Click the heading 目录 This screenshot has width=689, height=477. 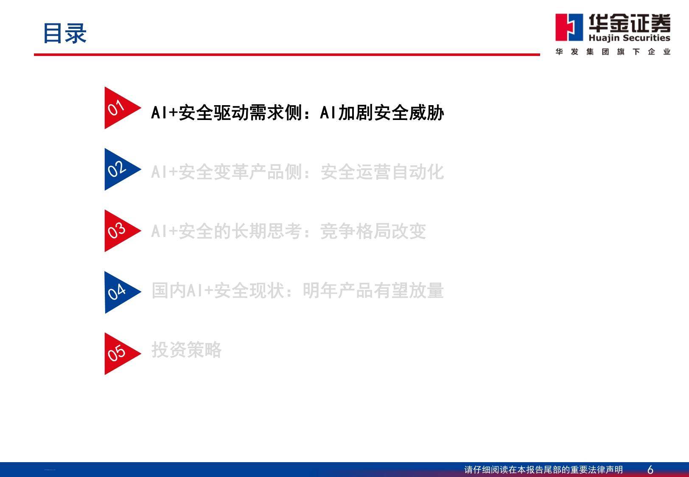click(x=65, y=33)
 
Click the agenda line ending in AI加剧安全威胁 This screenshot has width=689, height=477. click(x=297, y=112)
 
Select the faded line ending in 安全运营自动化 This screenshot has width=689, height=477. click(x=297, y=171)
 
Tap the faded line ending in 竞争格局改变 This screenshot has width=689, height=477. click(x=288, y=231)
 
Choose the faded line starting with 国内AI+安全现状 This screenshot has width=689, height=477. click(x=297, y=290)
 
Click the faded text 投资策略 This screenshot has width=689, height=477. click(x=186, y=349)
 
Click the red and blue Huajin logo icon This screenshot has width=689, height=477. click(x=569, y=28)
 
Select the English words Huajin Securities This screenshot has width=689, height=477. click(x=629, y=38)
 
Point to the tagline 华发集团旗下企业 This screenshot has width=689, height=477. click(x=613, y=52)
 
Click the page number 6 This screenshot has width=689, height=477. click(x=650, y=470)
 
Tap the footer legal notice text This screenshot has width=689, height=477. click(x=543, y=470)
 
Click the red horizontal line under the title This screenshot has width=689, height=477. click(x=287, y=55)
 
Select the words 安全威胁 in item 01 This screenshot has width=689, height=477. click(x=409, y=112)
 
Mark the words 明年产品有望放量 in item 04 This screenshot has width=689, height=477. click(x=373, y=290)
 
